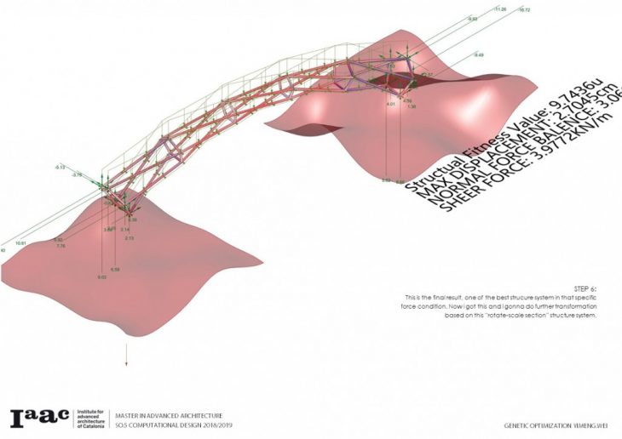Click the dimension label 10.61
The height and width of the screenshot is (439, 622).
(21, 243)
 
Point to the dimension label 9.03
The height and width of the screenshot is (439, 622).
(101, 277)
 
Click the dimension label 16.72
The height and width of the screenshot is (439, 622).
(523, 10)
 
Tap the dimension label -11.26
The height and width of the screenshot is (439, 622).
(499, 9)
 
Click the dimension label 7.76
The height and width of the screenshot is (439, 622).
(60, 246)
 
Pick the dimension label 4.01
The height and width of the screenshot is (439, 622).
(390, 104)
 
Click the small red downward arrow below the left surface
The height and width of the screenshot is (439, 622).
(127, 357)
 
